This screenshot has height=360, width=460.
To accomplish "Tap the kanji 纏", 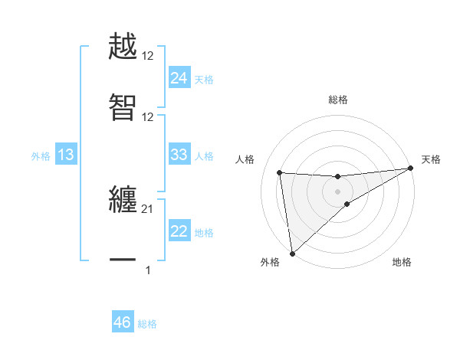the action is pos(123,200).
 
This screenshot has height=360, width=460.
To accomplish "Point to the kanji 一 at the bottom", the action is pos(123,260).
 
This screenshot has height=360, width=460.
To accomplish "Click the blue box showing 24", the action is pos(179,78).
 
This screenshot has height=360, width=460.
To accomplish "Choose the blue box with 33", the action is pos(179,155).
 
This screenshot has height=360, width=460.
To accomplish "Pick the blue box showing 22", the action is pos(179,231).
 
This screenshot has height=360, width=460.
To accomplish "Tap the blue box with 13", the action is pos(66,155).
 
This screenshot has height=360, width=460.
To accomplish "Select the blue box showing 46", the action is pos(123,323).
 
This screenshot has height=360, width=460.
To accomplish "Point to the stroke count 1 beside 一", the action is pos(148,270).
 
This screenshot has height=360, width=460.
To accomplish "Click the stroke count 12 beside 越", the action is pos(148,57).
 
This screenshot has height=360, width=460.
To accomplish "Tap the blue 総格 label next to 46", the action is pos(147,324).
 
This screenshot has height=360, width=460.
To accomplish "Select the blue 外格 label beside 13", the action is pos(41,156).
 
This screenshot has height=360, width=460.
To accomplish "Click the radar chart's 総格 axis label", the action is pos(338,100).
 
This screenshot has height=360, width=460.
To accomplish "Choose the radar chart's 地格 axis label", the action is pos(402,262).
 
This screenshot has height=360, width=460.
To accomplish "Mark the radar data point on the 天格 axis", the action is pos(409,169).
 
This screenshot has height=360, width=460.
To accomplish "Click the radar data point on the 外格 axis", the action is pos(291,254).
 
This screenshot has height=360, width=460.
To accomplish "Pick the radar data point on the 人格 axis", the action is pos(280,172).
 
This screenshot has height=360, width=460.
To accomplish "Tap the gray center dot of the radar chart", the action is pos(338,191).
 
